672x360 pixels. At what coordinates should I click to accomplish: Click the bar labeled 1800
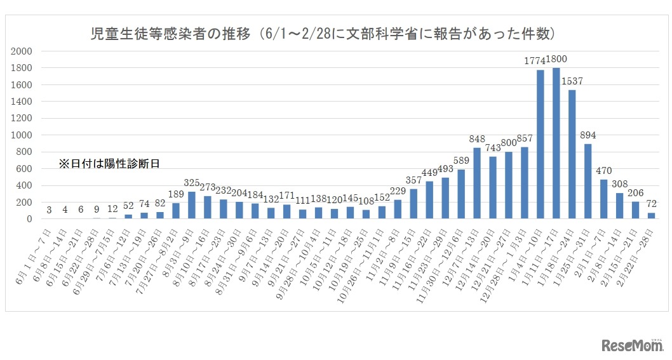[556, 143]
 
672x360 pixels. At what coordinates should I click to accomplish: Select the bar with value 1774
[541, 145]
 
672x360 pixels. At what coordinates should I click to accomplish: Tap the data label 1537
[572, 81]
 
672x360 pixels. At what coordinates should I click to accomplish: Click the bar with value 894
[588, 182]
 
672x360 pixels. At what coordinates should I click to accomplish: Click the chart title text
[324, 33]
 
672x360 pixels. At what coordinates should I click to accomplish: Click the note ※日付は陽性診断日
[109, 164]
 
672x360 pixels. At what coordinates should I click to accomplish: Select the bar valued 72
[651, 216]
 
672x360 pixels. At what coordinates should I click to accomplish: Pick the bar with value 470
[603, 199]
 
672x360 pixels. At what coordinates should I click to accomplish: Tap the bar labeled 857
[525, 183]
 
